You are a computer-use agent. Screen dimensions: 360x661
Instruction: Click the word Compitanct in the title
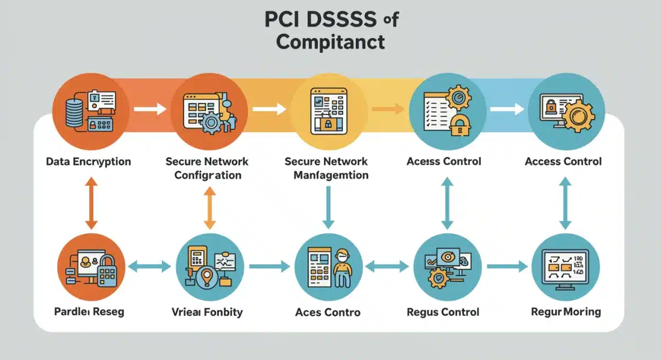point(330,42)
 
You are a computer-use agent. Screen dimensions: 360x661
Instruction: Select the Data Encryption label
point(89,162)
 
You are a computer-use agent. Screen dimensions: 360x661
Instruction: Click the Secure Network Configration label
point(207,168)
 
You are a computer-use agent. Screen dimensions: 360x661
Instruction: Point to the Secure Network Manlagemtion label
point(327,168)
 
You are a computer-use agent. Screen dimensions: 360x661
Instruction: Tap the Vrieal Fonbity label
point(207,312)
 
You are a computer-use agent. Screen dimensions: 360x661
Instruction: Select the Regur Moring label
point(566,312)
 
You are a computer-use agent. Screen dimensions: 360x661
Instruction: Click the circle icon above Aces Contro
point(329,266)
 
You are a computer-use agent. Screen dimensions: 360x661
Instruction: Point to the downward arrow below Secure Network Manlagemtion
point(328,207)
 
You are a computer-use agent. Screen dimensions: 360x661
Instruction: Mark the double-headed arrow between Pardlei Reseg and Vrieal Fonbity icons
point(149,267)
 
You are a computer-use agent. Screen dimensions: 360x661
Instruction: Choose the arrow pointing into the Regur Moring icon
point(507,267)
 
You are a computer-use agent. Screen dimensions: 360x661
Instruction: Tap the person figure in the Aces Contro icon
point(342,268)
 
